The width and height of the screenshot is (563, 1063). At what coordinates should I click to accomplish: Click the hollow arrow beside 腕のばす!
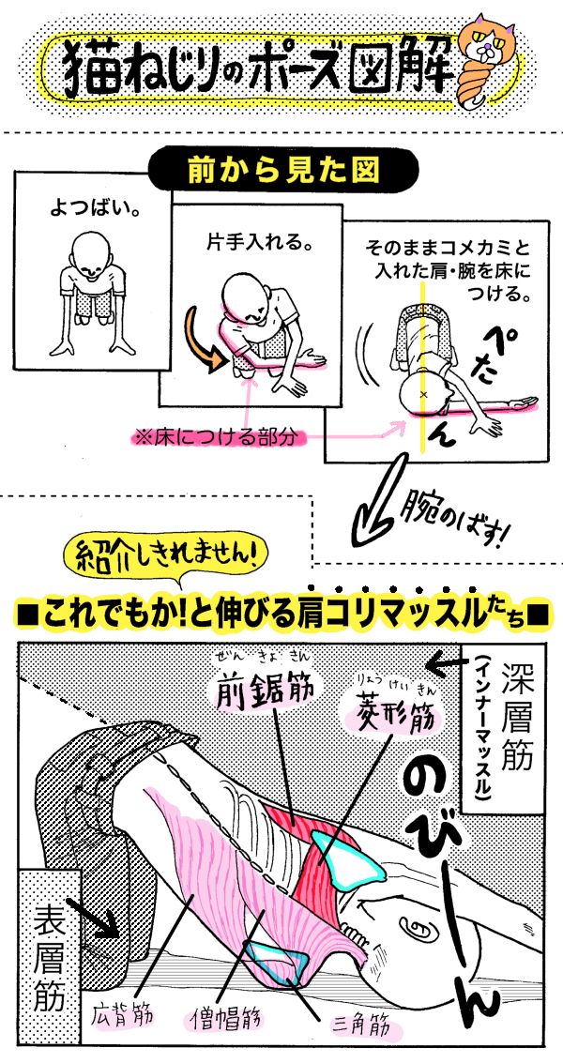[378, 512]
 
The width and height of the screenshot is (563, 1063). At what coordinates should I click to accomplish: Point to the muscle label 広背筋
[121, 1015]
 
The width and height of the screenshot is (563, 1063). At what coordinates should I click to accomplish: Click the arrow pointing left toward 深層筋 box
[445, 663]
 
